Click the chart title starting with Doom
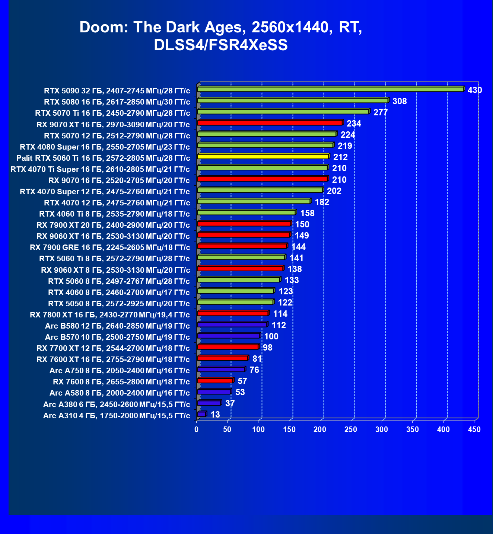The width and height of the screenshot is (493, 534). (x=221, y=36)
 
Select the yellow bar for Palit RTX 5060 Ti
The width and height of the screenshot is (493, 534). (x=263, y=157)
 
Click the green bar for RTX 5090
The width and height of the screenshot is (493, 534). (x=330, y=89)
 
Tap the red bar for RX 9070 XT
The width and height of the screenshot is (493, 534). (x=270, y=123)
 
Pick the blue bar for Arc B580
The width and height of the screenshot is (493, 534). (x=232, y=325)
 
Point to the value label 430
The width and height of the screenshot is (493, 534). (x=475, y=90)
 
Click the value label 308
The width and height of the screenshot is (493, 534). (x=400, y=101)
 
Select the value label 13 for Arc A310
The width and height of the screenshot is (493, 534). (x=215, y=415)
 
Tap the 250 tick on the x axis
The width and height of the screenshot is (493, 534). (x=351, y=429)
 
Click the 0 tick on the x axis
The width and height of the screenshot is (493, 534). (x=197, y=429)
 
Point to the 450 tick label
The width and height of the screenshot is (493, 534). (x=474, y=429)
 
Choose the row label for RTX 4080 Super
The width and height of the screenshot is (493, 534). (x=105, y=147)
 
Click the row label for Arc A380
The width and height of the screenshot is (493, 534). (x=117, y=405)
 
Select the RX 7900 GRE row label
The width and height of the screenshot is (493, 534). (x=110, y=247)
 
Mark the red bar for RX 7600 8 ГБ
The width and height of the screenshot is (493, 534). (x=215, y=381)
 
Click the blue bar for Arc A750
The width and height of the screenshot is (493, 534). (x=221, y=370)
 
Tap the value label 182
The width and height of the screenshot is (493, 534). (x=322, y=202)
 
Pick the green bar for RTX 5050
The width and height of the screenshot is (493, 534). (x=235, y=302)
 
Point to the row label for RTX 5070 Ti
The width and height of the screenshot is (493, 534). (x=112, y=113)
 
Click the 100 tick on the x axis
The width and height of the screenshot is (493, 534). (x=258, y=429)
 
